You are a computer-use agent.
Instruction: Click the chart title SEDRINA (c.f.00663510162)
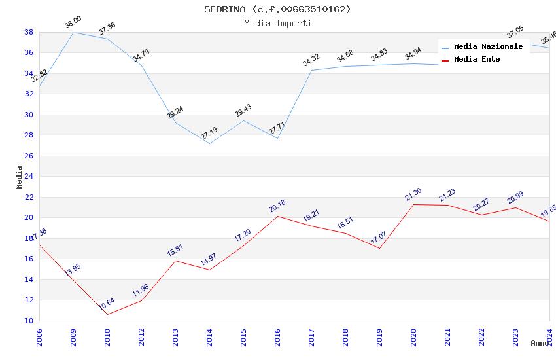click(x=277, y=9)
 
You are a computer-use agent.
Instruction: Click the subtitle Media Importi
click(x=277, y=23)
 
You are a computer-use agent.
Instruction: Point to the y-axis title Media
click(x=20, y=177)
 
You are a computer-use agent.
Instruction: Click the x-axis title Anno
click(x=540, y=343)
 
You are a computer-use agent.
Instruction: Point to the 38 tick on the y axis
click(x=29, y=32)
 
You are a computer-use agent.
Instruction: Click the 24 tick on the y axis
click(x=29, y=177)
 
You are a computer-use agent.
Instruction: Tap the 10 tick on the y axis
click(x=29, y=321)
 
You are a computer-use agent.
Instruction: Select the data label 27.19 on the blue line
click(x=209, y=134)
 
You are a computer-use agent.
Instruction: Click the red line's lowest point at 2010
click(x=107, y=314)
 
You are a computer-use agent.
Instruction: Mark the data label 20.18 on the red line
click(x=277, y=206)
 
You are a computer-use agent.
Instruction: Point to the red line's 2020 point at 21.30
click(x=413, y=204)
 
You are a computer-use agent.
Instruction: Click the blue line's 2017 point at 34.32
click(x=311, y=70)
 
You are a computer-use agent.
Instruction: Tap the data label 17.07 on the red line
click(x=379, y=238)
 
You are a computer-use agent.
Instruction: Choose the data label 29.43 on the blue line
click(x=243, y=111)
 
